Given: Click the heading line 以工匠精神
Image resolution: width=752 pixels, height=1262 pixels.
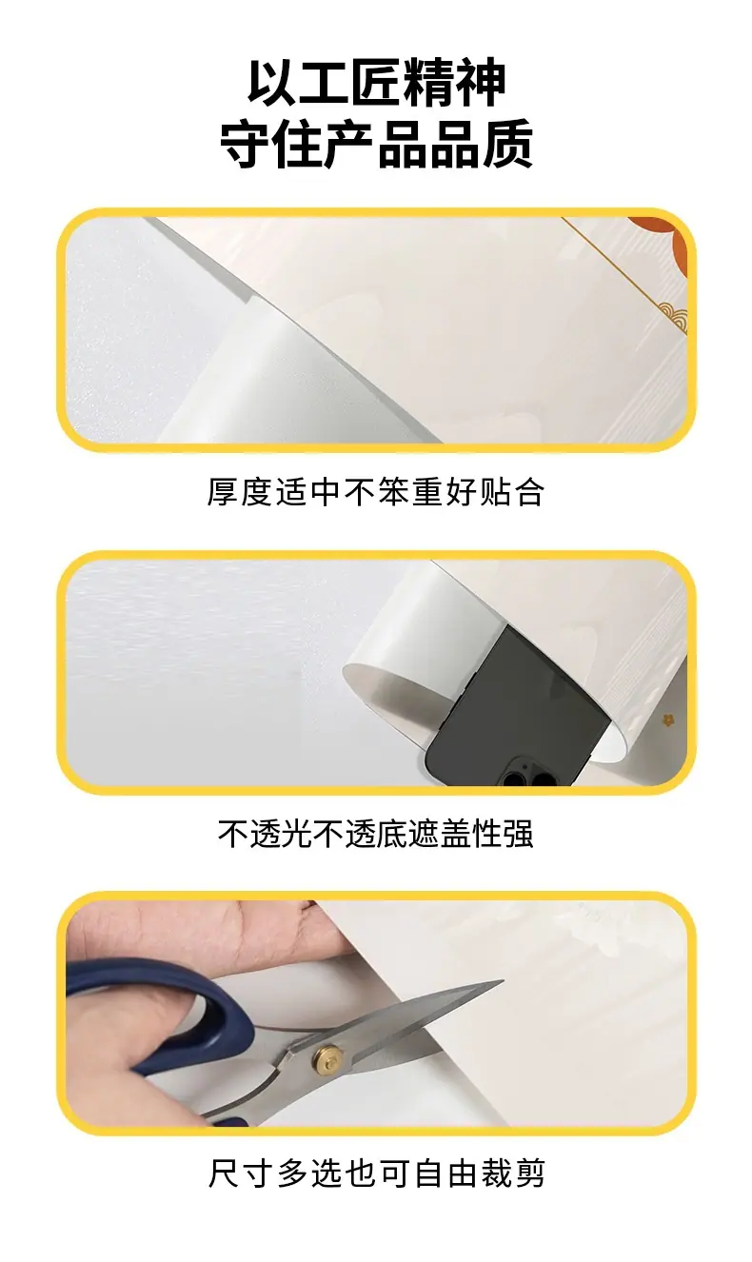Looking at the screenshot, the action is click(x=376, y=82).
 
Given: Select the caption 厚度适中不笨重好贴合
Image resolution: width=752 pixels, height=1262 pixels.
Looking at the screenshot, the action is click(x=376, y=492).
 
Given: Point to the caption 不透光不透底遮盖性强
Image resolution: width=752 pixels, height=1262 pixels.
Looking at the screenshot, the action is click(x=376, y=834).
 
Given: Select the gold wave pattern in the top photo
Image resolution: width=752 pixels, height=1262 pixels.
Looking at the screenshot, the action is click(x=673, y=318).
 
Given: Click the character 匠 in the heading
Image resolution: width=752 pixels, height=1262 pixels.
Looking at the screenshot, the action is click(x=376, y=82).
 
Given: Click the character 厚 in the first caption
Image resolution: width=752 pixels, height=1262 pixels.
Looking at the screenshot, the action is click(x=223, y=492).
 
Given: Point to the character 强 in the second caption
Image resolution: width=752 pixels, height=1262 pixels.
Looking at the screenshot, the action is click(x=518, y=834).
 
